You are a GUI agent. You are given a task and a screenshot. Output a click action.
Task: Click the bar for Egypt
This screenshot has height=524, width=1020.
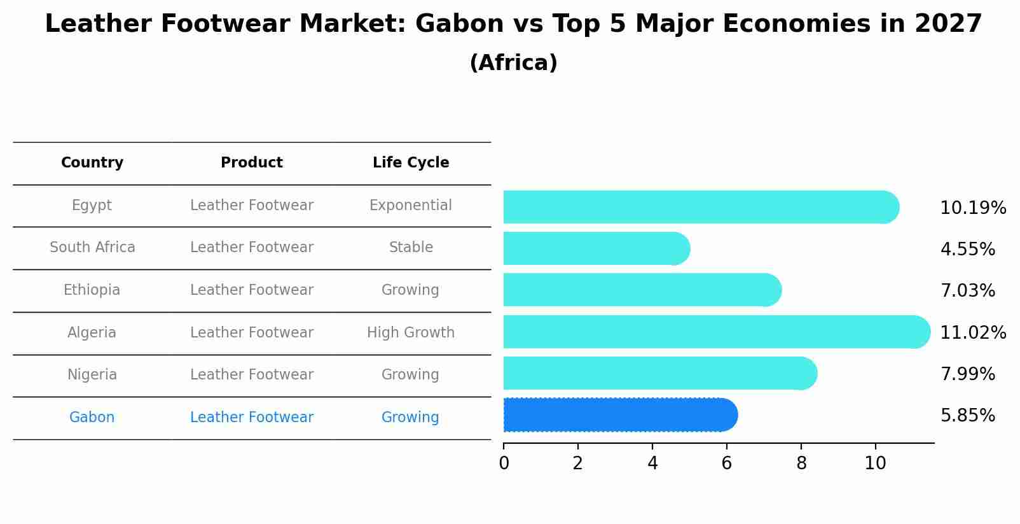[x=700, y=207]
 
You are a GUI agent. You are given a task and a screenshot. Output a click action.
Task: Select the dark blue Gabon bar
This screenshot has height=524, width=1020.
[x=620, y=415]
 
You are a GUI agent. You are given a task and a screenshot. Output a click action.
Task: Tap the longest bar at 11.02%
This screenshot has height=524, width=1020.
[x=715, y=332]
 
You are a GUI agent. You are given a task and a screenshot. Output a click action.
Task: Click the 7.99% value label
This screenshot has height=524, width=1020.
[x=967, y=374]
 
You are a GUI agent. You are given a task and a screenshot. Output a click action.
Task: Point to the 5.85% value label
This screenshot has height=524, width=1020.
[x=967, y=416]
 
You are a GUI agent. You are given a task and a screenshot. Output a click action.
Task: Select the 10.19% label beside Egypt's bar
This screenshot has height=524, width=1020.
[x=972, y=208]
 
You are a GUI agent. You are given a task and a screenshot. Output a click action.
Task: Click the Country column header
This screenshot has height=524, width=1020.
[x=92, y=163]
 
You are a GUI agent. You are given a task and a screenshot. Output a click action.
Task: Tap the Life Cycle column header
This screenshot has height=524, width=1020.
[x=411, y=163]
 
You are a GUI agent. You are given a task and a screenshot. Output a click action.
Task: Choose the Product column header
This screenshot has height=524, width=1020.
[x=252, y=163]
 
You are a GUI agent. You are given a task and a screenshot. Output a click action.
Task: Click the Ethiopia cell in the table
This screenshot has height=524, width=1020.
[x=92, y=290]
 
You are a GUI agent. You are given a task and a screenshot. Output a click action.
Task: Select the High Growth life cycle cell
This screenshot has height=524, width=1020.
[x=411, y=333]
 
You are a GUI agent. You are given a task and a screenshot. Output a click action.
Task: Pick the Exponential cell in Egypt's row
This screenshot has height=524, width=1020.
[x=411, y=206]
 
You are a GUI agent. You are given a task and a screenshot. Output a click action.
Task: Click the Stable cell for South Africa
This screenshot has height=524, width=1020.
[x=411, y=248]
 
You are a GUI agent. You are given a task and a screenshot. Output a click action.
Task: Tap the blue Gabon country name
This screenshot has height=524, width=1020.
[x=92, y=418]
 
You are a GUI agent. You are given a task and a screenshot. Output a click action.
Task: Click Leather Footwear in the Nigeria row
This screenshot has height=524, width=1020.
[x=252, y=375]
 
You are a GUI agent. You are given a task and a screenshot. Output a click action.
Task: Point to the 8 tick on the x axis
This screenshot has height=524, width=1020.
[x=801, y=464]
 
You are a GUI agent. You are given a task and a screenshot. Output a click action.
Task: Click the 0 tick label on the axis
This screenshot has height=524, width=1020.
[x=504, y=464]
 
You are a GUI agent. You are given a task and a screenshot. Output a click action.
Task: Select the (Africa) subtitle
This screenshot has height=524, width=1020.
[x=513, y=63]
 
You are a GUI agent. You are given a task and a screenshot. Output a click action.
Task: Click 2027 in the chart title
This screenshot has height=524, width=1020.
[x=948, y=24]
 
